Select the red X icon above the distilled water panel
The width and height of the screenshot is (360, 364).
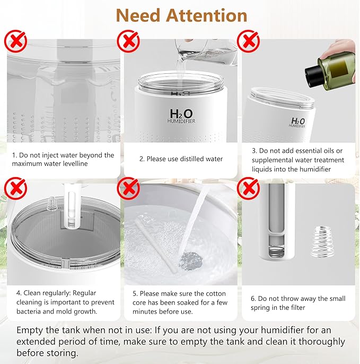tap(129, 40)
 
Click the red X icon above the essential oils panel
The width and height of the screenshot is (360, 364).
tap(248, 40)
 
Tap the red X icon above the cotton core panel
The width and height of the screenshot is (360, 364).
tap(129, 188)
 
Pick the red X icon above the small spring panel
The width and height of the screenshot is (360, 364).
tap(248, 188)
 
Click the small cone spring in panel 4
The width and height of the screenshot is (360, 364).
tap(52, 203)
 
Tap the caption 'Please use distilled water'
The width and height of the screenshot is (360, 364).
tap(181, 159)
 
